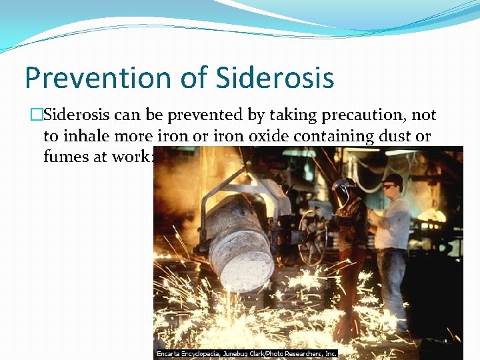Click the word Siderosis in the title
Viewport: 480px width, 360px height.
coord(275,77)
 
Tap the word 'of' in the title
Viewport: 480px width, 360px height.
coord(195,77)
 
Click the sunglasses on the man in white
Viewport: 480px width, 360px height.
coord(390,187)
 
